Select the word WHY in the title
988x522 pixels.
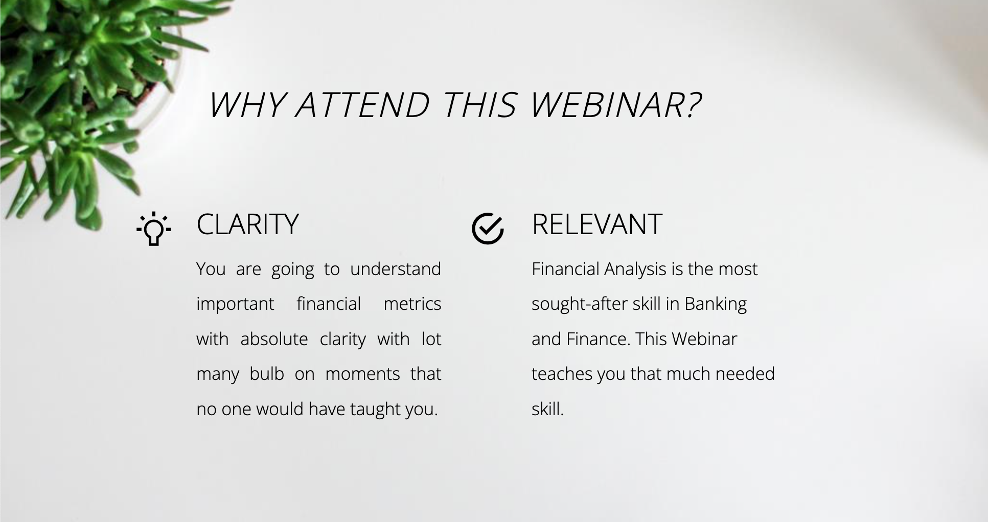click(246, 105)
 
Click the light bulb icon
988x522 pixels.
click(154, 229)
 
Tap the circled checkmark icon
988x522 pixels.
click(488, 229)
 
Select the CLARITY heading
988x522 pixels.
click(247, 224)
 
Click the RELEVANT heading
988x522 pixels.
click(597, 224)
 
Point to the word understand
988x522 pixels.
click(396, 269)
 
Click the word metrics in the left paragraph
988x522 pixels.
click(412, 304)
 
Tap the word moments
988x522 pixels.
click(362, 374)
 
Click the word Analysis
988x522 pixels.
click(635, 269)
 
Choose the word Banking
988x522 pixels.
click(716, 304)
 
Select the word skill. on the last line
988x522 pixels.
click(547, 409)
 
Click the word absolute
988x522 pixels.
click(274, 339)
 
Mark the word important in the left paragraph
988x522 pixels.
click(235, 304)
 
